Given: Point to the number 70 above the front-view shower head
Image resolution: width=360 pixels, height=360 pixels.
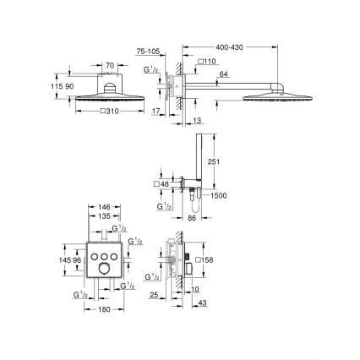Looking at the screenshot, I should (108, 64).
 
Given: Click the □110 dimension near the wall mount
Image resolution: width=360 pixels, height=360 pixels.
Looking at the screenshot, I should (206, 61).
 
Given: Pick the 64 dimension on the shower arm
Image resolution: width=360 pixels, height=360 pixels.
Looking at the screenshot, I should (222, 74).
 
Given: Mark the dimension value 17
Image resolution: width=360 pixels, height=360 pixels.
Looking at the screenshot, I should (155, 110).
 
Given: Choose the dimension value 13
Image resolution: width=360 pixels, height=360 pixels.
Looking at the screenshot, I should (197, 122).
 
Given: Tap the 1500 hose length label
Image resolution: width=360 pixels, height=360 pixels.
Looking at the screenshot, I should (218, 195).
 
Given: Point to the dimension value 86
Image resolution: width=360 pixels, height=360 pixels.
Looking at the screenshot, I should (191, 218).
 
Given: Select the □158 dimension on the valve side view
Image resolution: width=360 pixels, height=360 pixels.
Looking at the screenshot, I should (204, 260).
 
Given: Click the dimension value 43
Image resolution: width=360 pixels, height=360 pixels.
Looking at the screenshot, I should (201, 303).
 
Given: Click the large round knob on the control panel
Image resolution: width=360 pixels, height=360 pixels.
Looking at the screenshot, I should (104, 268).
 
